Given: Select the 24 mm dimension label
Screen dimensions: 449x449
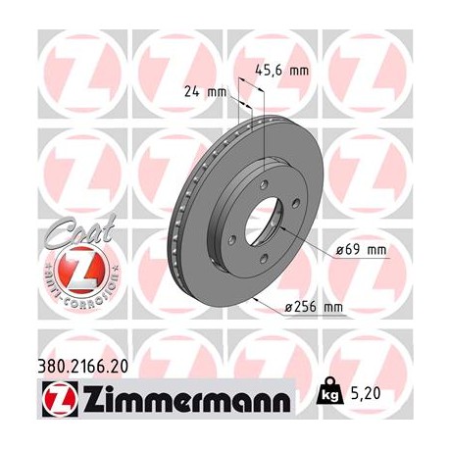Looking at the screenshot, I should (205, 93).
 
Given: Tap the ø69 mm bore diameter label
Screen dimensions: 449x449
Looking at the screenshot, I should (361, 250).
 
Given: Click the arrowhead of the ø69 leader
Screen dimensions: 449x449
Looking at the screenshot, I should (282, 228).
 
